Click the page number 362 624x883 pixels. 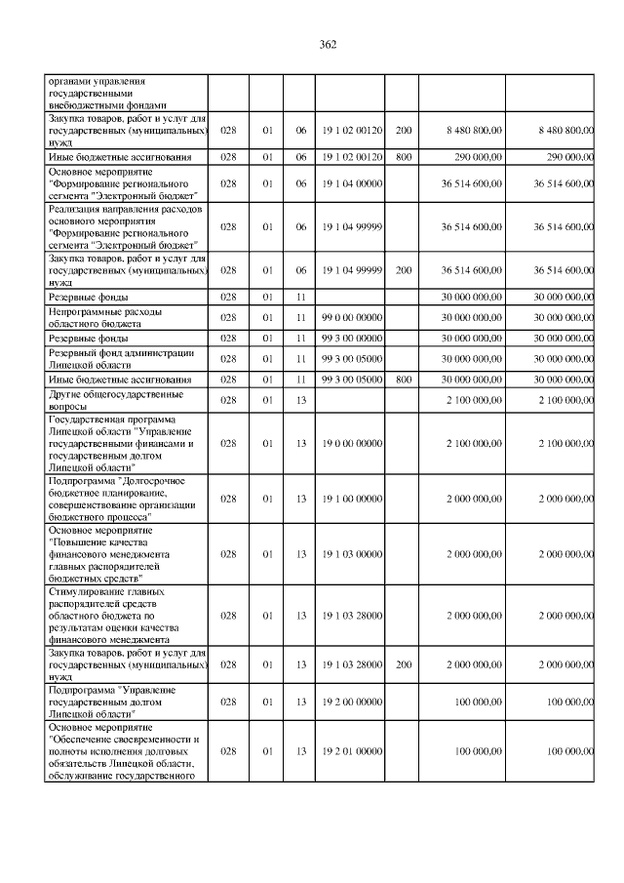pyautogui.click(x=327, y=44)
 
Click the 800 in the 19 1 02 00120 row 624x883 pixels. pyautogui.click(x=403, y=156)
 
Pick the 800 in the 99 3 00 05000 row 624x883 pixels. pyautogui.click(x=403, y=379)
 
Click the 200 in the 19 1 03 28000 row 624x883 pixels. pyautogui.click(x=403, y=664)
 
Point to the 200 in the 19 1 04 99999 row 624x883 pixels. pyautogui.click(x=403, y=269)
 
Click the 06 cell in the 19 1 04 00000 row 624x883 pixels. pyautogui.click(x=301, y=182)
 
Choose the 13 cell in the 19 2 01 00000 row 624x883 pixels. pyautogui.click(x=301, y=750)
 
